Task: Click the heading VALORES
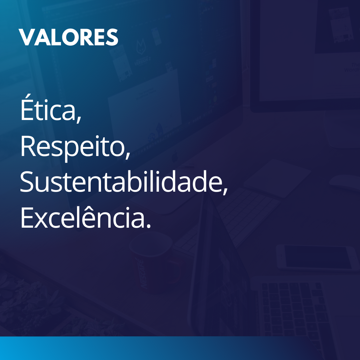[68, 37]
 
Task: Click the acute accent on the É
[28, 96]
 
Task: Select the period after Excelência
[149, 226]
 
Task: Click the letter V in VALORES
[26, 37]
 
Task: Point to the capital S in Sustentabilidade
[27, 181]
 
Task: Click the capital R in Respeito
[28, 146]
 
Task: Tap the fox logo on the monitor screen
[141, 47]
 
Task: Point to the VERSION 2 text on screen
[142, 61]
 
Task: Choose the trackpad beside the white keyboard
[277, 178]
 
